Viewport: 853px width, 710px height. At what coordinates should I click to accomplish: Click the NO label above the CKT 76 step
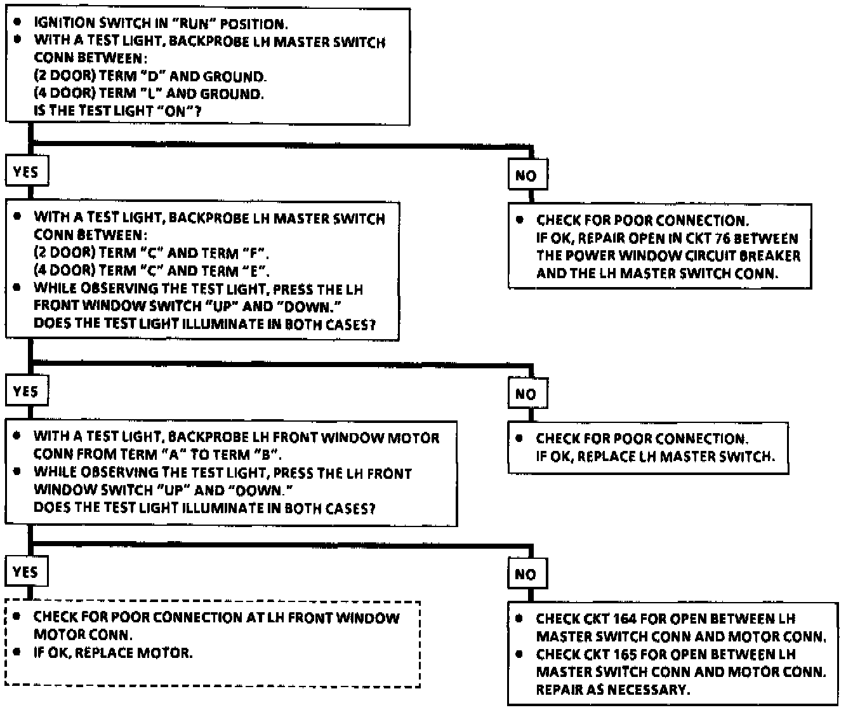pyautogui.click(x=526, y=175)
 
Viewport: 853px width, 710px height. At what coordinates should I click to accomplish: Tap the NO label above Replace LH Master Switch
pyautogui.click(x=526, y=394)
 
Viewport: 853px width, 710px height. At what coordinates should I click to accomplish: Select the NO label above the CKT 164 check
pyautogui.click(x=526, y=574)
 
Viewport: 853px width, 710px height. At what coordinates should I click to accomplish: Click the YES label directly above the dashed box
pyautogui.click(x=25, y=572)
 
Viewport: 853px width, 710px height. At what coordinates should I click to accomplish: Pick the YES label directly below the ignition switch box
pyautogui.click(x=25, y=171)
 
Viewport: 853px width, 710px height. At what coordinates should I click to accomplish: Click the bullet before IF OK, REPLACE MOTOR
pyautogui.click(x=18, y=652)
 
